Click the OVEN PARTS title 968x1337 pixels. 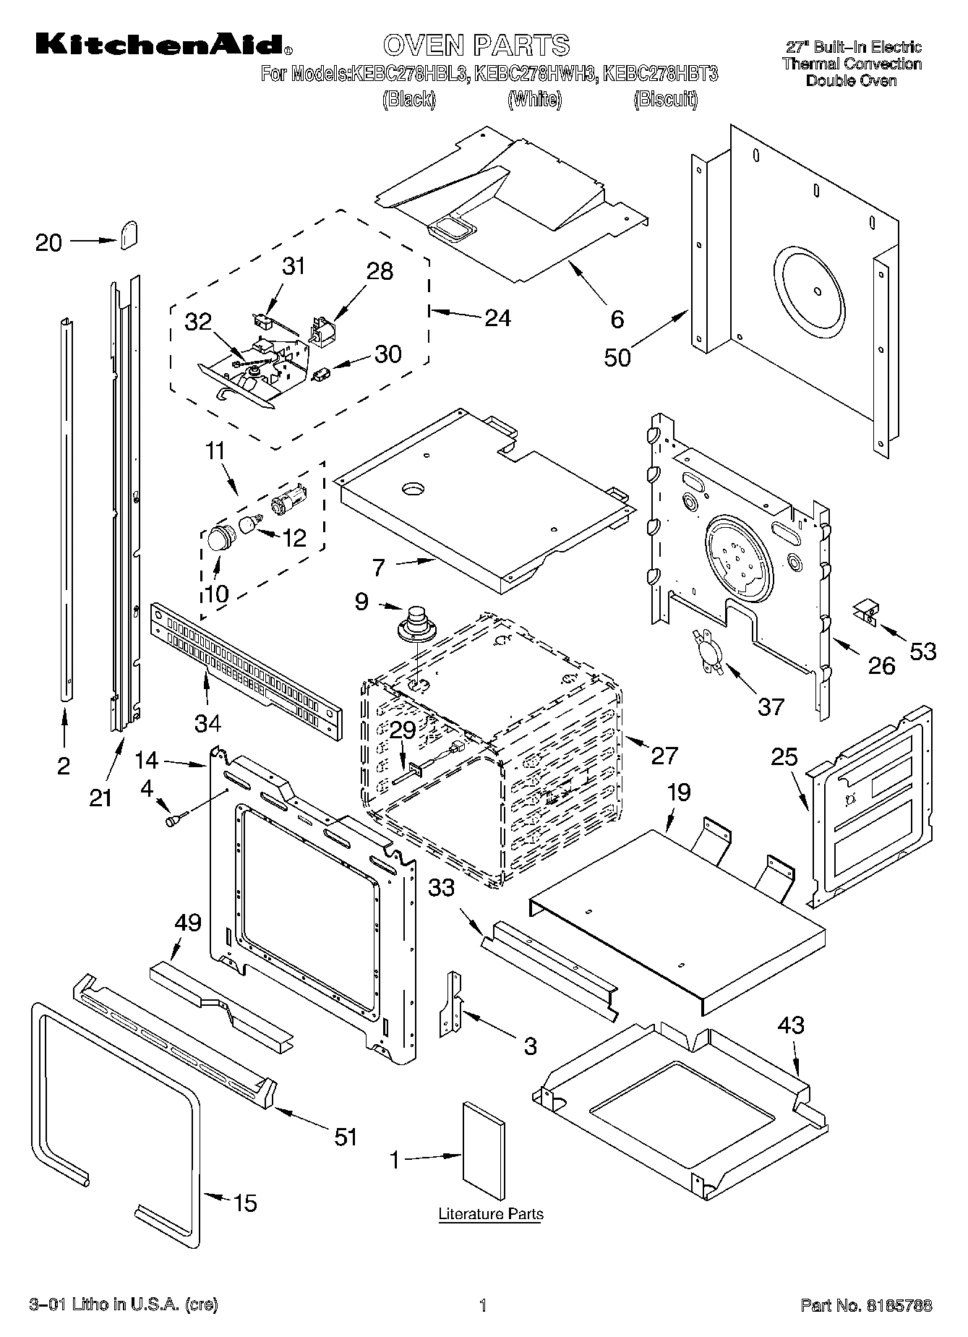coord(476,45)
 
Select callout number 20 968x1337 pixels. coord(49,242)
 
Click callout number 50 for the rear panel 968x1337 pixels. coord(617,357)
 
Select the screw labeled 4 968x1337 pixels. coord(176,820)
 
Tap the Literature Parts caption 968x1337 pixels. coord(491,1214)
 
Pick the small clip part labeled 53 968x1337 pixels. coord(865,612)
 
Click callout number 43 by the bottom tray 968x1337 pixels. coord(791,1025)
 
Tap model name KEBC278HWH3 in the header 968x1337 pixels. coord(534,74)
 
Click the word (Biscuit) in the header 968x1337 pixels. coord(665,99)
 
